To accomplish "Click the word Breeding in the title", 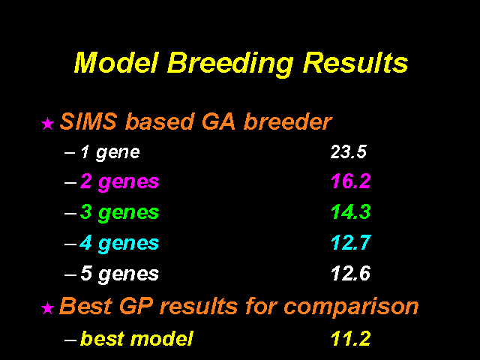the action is pyautogui.click(x=230, y=64).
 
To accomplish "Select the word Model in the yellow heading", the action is pyautogui.click(x=117, y=62).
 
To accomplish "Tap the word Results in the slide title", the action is pyautogui.click(x=355, y=62).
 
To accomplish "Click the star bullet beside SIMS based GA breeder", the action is pyautogui.click(x=47, y=124).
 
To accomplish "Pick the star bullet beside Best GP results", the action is pyautogui.click(x=47, y=308).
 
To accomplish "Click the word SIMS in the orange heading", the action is pyautogui.click(x=88, y=121).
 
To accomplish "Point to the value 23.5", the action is pyautogui.click(x=348, y=151).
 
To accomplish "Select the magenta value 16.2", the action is pyautogui.click(x=351, y=181).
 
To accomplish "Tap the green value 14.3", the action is pyautogui.click(x=351, y=211).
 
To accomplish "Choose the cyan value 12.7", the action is pyautogui.click(x=351, y=243).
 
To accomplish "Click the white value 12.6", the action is pyautogui.click(x=351, y=273).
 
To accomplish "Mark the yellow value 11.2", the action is pyautogui.click(x=351, y=338).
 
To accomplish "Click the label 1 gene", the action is pyautogui.click(x=110, y=153).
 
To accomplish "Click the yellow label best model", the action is pyautogui.click(x=136, y=338).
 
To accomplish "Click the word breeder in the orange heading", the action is pyautogui.click(x=288, y=121).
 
